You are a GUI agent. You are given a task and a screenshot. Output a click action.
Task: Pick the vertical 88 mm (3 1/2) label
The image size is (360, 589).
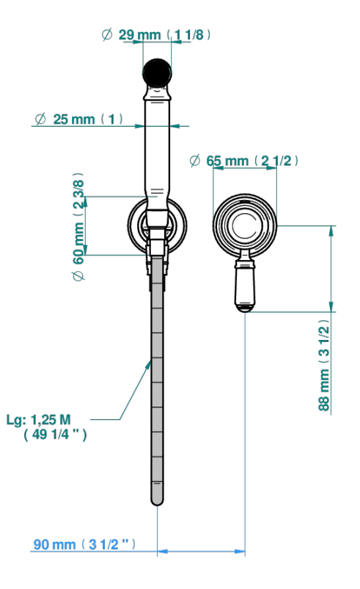click(x=324, y=365)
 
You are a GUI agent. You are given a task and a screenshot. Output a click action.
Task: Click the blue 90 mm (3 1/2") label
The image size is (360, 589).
click(x=84, y=544)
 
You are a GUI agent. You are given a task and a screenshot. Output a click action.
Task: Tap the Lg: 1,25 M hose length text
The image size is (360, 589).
click(x=39, y=420)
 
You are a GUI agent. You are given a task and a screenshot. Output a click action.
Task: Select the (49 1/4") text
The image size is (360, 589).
click(x=55, y=434)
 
